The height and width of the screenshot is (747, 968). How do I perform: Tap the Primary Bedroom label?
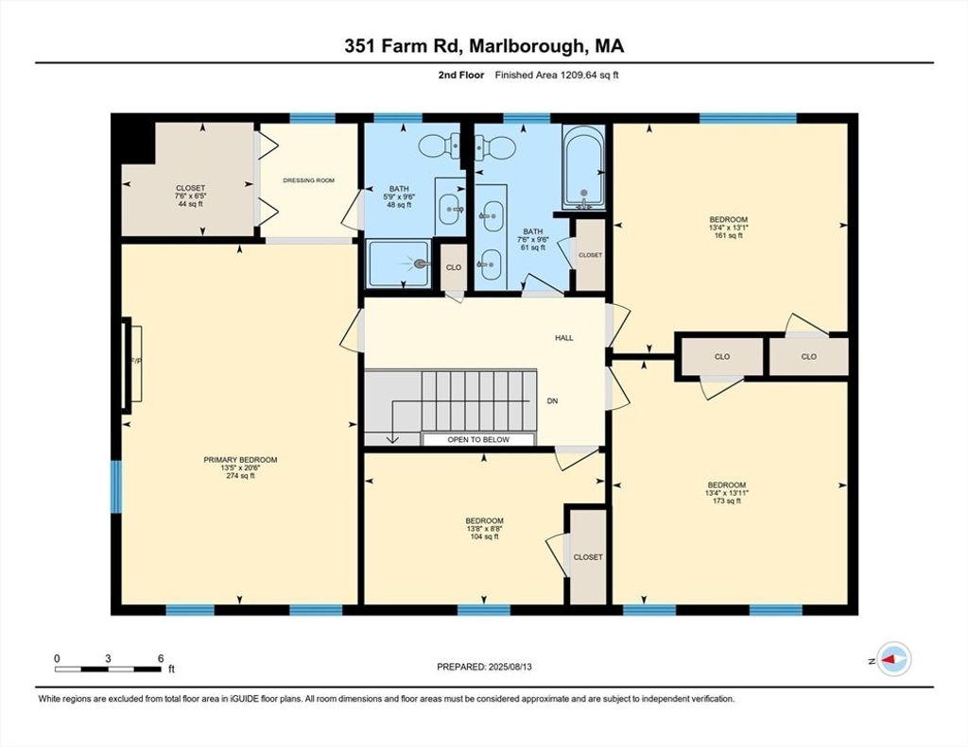(240, 460)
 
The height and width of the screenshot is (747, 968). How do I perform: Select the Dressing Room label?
(309, 180)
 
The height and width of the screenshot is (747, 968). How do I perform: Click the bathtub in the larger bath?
(583, 167)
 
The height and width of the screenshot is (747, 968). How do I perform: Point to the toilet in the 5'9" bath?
(440, 145)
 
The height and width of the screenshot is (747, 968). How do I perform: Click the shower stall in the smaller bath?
(398, 264)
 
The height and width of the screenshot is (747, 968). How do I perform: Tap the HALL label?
(563, 338)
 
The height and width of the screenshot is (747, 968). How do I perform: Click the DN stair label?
(552, 401)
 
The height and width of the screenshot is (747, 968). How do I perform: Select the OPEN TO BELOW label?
(478, 440)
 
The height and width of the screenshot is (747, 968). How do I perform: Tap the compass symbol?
(894, 659)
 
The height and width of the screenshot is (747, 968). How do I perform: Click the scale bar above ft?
(108, 670)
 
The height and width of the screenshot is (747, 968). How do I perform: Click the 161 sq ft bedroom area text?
(729, 235)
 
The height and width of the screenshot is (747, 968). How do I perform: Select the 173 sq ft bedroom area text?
(727, 501)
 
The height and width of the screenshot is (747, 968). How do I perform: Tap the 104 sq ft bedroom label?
(484, 529)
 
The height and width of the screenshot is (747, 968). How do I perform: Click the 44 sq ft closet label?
(190, 195)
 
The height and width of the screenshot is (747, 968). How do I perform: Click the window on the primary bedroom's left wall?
(116, 486)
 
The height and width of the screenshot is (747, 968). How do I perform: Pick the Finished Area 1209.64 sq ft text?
(557, 76)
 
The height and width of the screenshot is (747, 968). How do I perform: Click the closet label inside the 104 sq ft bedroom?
(588, 557)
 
